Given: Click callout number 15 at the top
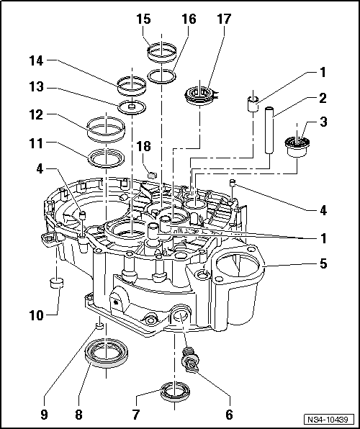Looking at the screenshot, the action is [144, 19].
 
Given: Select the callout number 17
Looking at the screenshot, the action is [224, 19].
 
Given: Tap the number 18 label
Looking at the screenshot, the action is [144, 146].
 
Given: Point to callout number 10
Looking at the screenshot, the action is [37, 315].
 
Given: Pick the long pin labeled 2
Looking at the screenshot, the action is [269, 131].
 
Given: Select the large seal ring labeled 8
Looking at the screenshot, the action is [107, 353].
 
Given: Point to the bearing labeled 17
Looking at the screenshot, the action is [200, 96].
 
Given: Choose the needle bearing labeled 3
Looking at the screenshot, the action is [297, 147].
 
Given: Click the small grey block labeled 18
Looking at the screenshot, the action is [151, 174].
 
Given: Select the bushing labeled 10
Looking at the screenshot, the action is [56, 283].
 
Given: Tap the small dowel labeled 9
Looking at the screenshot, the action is [100, 325].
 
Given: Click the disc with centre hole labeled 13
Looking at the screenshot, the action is [132, 107].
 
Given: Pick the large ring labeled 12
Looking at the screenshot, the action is [106, 129].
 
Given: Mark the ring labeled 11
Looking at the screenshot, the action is [106, 158].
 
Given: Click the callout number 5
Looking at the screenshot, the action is [323, 264].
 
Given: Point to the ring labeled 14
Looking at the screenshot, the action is [132, 86].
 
